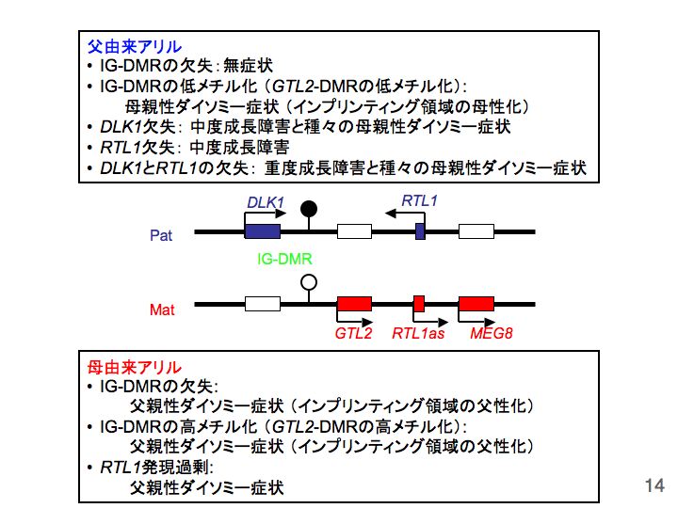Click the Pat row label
(x=161, y=235)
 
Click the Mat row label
(x=162, y=309)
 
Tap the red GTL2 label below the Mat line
(x=354, y=332)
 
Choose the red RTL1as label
(x=419, y=332)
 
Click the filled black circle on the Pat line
(x=308, y=208)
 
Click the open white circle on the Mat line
(x=308, y=281)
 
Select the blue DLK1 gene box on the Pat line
(x=262, y=230)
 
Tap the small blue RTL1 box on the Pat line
(x=420, y=230)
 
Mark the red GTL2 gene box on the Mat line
(x=355, y=303)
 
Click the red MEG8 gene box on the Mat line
(x=476, y=303)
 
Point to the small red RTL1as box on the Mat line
(x=419, y=303)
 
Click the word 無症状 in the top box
(x=253, y=66)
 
